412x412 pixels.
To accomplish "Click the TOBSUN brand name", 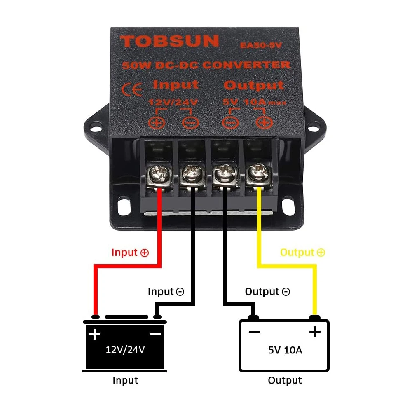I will [x=169, y=41].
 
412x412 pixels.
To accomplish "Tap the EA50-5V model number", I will [x=261, y=45].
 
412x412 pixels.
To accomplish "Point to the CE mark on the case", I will [x=133, y=89].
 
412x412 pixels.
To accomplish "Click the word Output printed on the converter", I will [x=254, y=85].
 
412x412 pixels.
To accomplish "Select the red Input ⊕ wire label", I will [x=130, y=253].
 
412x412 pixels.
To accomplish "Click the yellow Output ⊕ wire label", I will [x=302, y=253].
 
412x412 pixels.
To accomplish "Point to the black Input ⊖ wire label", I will [x=166, y=292].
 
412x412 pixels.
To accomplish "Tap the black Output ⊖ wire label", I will [x=267, y=292].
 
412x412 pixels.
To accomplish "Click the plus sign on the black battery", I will [x=95, y=334].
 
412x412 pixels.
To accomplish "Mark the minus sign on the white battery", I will [x=254, y=332].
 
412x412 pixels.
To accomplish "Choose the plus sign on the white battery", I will [x=315, y=332].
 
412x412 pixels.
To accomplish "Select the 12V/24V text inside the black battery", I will [x=125, y=350].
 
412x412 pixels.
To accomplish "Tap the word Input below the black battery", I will [x=125, y=380].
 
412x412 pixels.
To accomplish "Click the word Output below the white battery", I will [x=285, y=380].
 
